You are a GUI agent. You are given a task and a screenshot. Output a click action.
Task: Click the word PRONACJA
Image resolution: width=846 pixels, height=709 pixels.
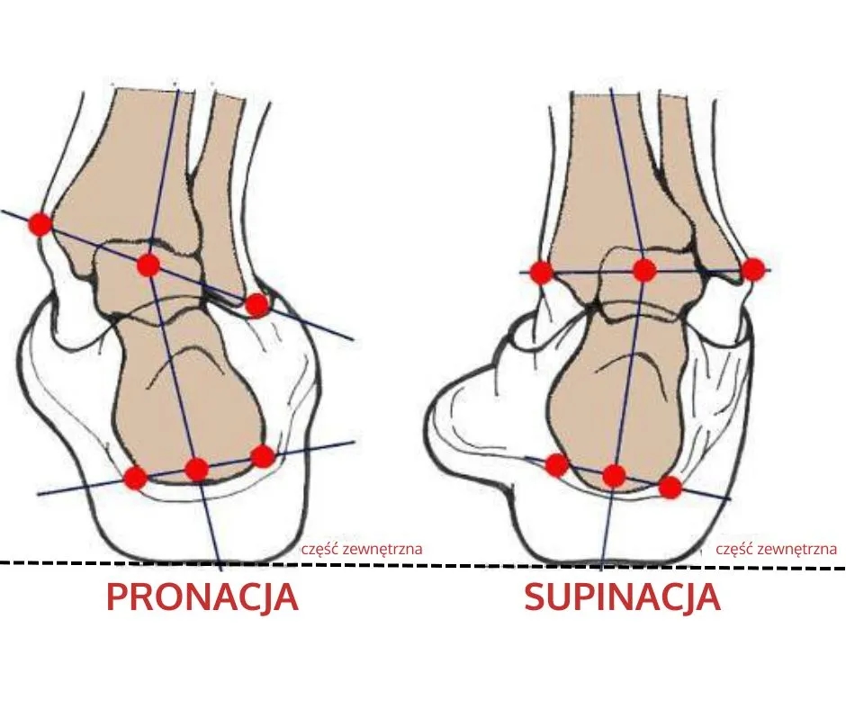point(202,597)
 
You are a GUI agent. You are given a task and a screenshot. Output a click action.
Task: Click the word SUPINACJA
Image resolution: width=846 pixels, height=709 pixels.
point(622,597)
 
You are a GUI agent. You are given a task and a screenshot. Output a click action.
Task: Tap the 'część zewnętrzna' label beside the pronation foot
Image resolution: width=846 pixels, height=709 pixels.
point(362,549)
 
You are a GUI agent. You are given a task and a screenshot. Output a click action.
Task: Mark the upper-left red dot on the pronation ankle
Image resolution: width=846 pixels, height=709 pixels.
point(40,224)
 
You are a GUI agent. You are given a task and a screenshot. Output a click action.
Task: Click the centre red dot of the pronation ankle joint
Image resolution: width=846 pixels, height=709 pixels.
point(148,265)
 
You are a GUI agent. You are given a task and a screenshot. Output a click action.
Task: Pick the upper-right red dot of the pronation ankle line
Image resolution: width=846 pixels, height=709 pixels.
point(256,305)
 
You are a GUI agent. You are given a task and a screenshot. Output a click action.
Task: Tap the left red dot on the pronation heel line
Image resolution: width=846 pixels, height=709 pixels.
point(135,478)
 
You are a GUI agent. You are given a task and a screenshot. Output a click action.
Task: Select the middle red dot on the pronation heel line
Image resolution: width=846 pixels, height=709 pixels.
point(196,469)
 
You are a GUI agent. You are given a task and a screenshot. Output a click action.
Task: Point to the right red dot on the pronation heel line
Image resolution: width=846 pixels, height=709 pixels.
point(263,456)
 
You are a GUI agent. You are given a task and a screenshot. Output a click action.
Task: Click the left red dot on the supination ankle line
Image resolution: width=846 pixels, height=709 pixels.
point(542,272)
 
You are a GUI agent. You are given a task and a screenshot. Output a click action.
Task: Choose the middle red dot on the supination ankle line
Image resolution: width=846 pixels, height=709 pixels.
point(644,270)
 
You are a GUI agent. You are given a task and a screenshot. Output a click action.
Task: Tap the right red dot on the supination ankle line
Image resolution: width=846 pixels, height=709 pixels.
point(753,269)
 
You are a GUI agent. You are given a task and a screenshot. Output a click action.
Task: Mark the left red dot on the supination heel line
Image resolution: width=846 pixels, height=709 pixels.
point(557,464)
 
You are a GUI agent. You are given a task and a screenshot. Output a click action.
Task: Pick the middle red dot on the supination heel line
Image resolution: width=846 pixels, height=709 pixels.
point(614,475)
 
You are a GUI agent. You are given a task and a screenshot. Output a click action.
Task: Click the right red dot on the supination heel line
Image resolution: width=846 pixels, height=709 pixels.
point(670,488)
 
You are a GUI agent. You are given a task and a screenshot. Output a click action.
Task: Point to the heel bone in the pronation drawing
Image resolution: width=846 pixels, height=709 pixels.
point(189,394)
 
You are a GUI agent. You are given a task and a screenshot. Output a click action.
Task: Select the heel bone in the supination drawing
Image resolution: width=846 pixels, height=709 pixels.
point(620,399)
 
